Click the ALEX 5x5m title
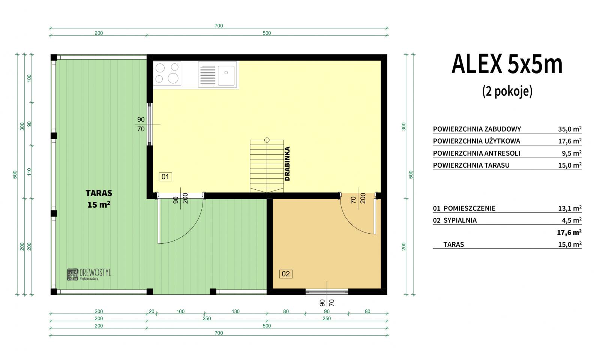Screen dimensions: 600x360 (507, 64)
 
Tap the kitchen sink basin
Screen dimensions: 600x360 (226, 75)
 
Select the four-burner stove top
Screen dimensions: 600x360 (167, 73)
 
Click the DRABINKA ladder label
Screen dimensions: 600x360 (287, 163)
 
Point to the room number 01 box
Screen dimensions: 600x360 (165, 177)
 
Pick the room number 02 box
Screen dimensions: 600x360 (285, 274)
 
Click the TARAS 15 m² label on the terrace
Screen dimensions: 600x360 (99, 199)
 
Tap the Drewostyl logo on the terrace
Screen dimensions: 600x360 (89, 274)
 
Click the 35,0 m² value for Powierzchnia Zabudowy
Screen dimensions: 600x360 (570, 129)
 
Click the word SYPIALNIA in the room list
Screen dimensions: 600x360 (460, 220)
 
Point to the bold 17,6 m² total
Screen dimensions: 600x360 (569, 232)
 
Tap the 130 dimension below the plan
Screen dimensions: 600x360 (235, 311)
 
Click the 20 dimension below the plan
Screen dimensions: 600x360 (151, 311)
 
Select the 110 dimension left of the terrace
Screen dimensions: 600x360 (29, 172)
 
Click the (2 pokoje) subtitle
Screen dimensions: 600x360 (507, 91)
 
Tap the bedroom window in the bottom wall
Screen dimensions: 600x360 (327, 292)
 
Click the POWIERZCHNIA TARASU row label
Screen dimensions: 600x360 (471, 165)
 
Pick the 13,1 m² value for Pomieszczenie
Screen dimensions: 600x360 (570, 208)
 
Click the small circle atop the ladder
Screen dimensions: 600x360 (267, 140)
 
